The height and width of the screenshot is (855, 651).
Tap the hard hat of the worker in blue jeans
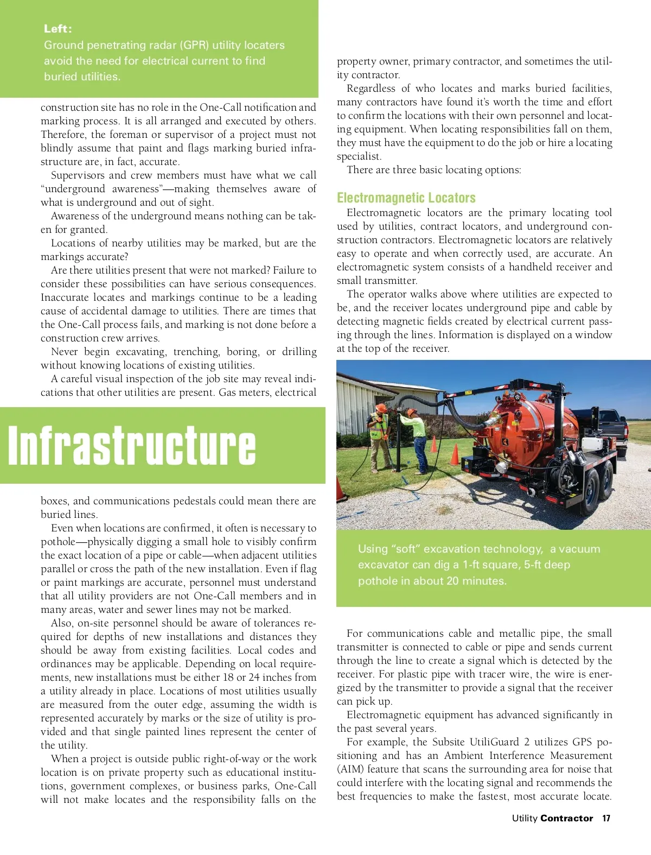click(x=412, y=412)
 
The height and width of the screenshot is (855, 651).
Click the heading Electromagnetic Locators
click(x=406, y=198)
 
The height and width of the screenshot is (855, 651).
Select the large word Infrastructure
click(x=132, y=446)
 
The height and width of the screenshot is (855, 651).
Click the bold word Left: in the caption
click(x=58, y=29)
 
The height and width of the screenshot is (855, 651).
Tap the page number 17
click(x=606, y=818)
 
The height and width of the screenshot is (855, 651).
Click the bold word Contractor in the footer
click(x=566, y=818)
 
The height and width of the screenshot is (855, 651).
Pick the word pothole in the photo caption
click(x=376, y=581)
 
